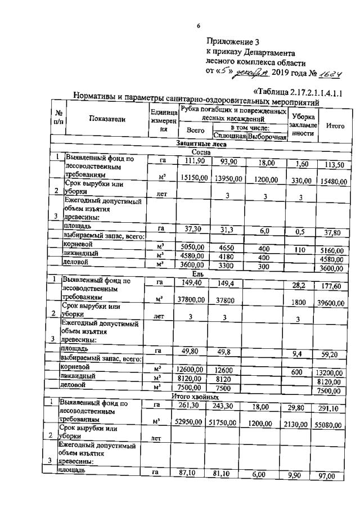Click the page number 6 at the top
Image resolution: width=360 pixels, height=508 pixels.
[x=198, y=25]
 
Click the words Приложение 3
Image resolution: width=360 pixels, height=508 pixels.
[x=232, y=41]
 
